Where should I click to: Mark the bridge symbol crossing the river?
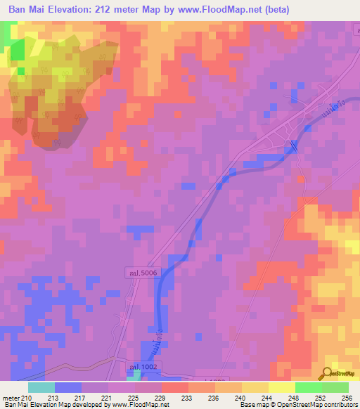coord(293,146)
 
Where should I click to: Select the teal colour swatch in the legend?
coord(41,387)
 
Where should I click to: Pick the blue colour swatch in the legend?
coord(67,387)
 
